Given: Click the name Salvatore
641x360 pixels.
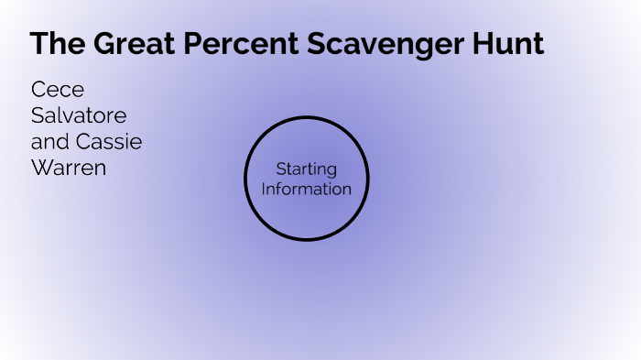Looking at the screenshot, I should coord(79,116).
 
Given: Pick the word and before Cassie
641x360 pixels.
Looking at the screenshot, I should coord(49,143).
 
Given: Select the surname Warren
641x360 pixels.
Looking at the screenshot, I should coord(69,169).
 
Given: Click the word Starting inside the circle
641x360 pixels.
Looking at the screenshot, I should coord(306,169).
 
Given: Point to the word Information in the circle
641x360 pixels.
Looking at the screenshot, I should coord(307,189).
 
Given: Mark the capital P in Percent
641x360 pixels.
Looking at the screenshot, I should coord(190,43).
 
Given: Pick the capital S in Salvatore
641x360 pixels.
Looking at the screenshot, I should coord(37,116).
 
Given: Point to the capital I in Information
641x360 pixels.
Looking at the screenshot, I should coord(265,189).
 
